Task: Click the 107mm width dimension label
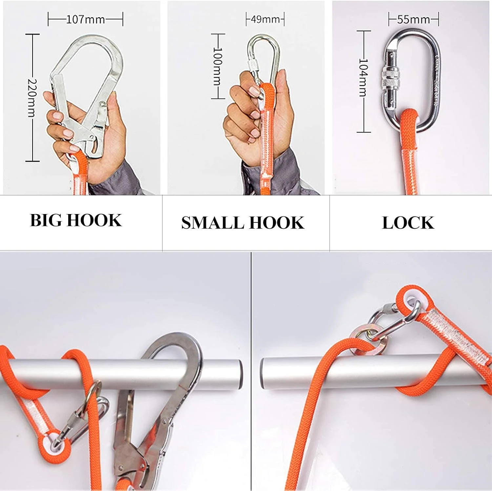(x=85, y=19)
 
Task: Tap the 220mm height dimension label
(x=32, y=98)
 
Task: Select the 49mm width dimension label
(x=265, y=19)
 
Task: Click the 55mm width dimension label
(x=414, y=19)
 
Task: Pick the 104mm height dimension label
(x=363, y=78)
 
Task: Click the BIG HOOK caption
(x=76, y=220)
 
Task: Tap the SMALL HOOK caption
(x=243, y=223)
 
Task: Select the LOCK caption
(x=408, y=223)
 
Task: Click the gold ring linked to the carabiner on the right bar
(x=368, y=339)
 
